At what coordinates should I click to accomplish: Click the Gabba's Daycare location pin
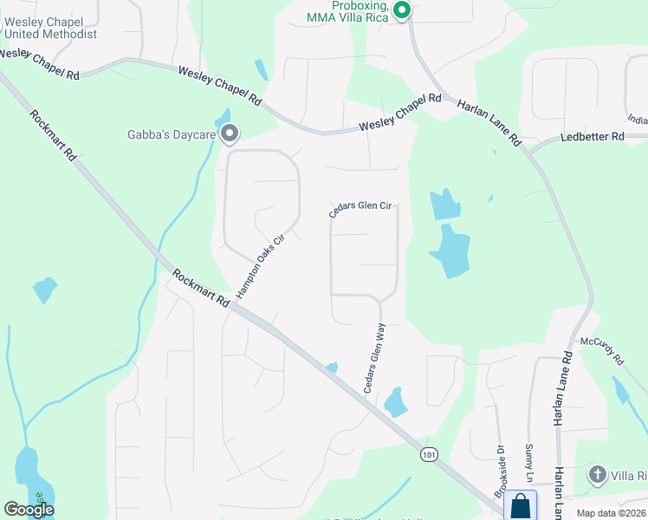tap(230, 133)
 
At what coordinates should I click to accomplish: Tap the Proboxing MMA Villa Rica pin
tap(401, 10)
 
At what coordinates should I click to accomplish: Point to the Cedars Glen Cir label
tap(360, 209)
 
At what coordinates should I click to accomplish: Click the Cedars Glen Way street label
tap(374, 359)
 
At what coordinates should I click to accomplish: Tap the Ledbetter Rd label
tap(592, 137)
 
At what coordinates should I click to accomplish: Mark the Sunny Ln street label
tap(528, 465)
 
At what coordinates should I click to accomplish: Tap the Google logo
tap(29, 510)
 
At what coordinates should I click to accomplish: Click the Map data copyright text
tap(612, 513)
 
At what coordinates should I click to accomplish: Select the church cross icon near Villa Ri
tap(597, 475)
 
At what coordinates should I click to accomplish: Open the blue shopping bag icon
tap(520, 505)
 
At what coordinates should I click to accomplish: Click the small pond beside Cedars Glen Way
tap(396, 401)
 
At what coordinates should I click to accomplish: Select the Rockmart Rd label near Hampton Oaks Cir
tap(200, 289)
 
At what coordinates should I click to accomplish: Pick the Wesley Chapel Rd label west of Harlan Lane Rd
tap(401, 112)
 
